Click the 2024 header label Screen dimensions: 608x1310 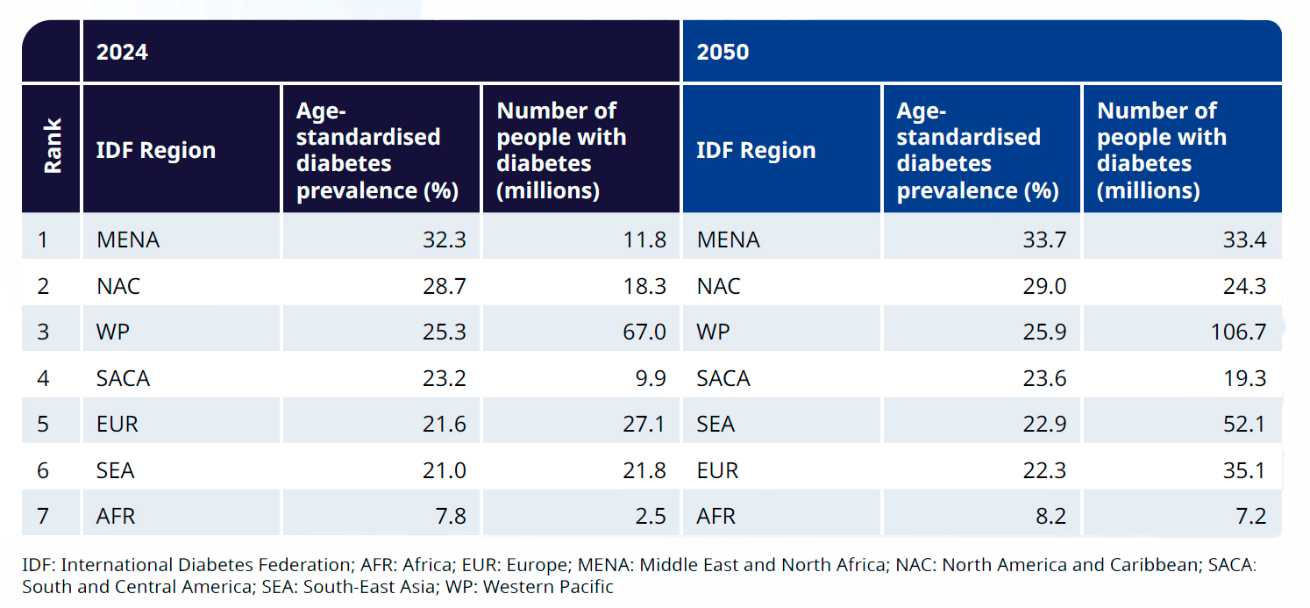[122, 52]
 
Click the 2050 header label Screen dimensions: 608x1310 [723, 52]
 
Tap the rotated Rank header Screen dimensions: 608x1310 [53, 147]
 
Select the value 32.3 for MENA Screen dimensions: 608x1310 [445, 240]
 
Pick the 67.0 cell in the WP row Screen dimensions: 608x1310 [645, 332]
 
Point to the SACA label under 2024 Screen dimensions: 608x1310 [123, 378]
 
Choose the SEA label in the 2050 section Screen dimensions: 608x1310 [716, 425]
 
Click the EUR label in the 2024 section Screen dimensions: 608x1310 [117, 425]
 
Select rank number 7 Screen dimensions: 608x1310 [43, 516]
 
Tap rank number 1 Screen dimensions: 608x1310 [42, 240]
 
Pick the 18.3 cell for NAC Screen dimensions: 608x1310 [645, 286]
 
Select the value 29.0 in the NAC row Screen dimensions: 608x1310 [1044, 286]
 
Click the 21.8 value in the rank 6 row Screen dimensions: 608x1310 [645, 470]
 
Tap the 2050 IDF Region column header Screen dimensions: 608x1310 [756, 150]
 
